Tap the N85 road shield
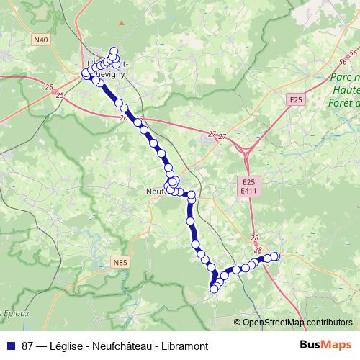click(121, 264)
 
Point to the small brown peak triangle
click(122, 22)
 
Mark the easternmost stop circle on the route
click(275, 256)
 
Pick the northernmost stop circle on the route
click(114, 51)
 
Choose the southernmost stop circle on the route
click(214, 289)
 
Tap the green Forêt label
click(347, 102)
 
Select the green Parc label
click(343, 78)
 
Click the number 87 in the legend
click(27, 346)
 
